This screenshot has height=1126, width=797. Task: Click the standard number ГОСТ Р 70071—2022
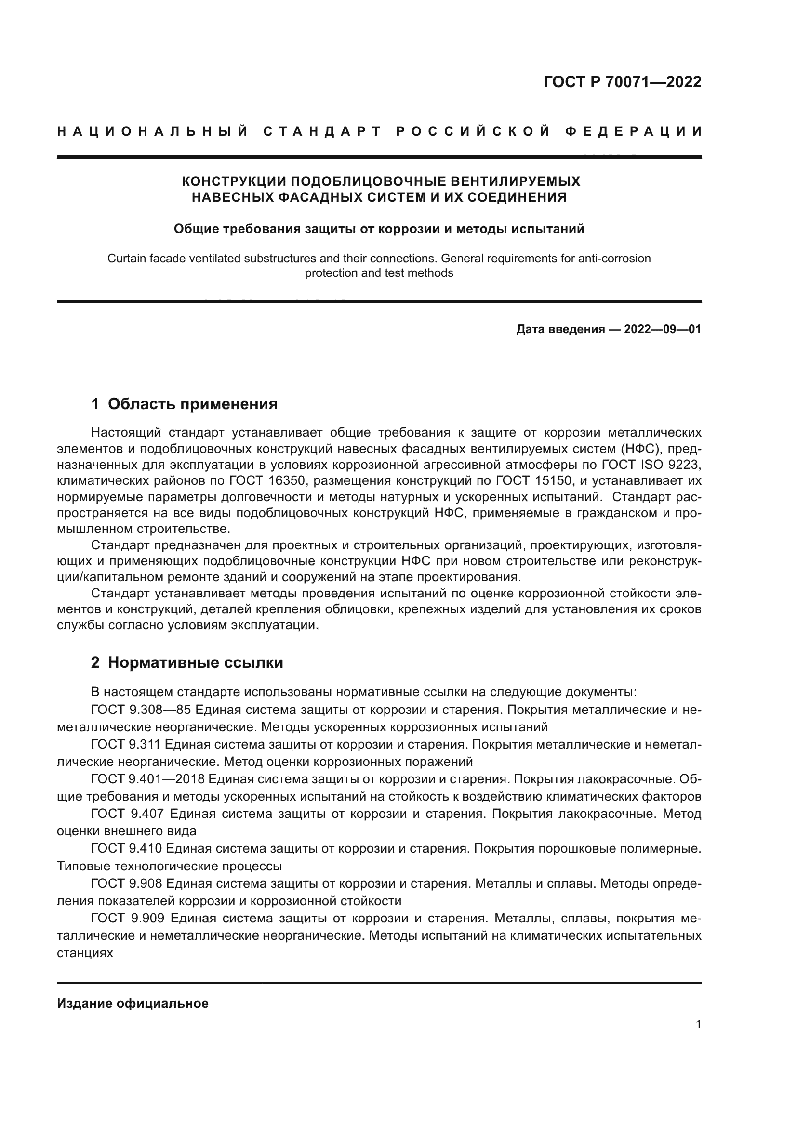(622, 82)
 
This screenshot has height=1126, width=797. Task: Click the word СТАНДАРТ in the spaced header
(322, 131)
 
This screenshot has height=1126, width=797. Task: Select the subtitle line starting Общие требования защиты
(379, 229)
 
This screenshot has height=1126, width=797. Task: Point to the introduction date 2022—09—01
(663, 329)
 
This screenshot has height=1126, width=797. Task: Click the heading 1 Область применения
(184, 404)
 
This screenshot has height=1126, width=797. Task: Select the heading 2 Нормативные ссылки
(187, 662)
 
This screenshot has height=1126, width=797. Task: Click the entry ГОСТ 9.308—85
(147, 710)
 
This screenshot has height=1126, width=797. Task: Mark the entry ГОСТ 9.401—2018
(147, 779)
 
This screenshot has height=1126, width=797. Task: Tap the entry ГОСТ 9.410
(127, 848)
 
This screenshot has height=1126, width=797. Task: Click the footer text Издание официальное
(133, 1003)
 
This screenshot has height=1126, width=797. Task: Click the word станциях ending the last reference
(85, 952)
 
